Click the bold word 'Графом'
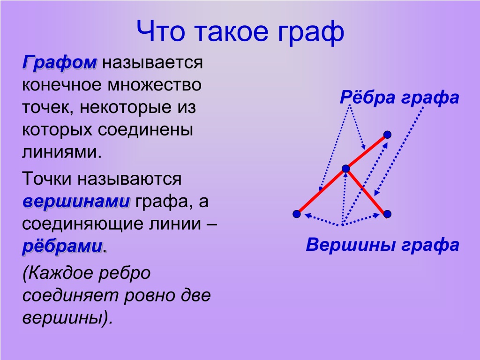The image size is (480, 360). pos(60,63)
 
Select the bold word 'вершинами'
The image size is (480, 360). pos(76,202)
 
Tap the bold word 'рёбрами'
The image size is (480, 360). pos(62,247)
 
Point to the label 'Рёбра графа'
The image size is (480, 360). pos(399,97)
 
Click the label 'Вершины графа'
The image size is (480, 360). pos(382,245)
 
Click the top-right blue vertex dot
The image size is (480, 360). pos(387,135)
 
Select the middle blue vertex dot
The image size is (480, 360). pos(345,169)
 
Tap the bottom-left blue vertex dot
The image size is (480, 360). pos(297,214)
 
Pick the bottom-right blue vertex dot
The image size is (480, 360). pos(387,214)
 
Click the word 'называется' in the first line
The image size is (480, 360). pos(152,63)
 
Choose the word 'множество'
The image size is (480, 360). pos(154,85)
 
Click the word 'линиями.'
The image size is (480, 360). pos(61,152)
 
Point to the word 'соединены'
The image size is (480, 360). pos(145,130)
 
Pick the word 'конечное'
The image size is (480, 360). pos(62,85)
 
